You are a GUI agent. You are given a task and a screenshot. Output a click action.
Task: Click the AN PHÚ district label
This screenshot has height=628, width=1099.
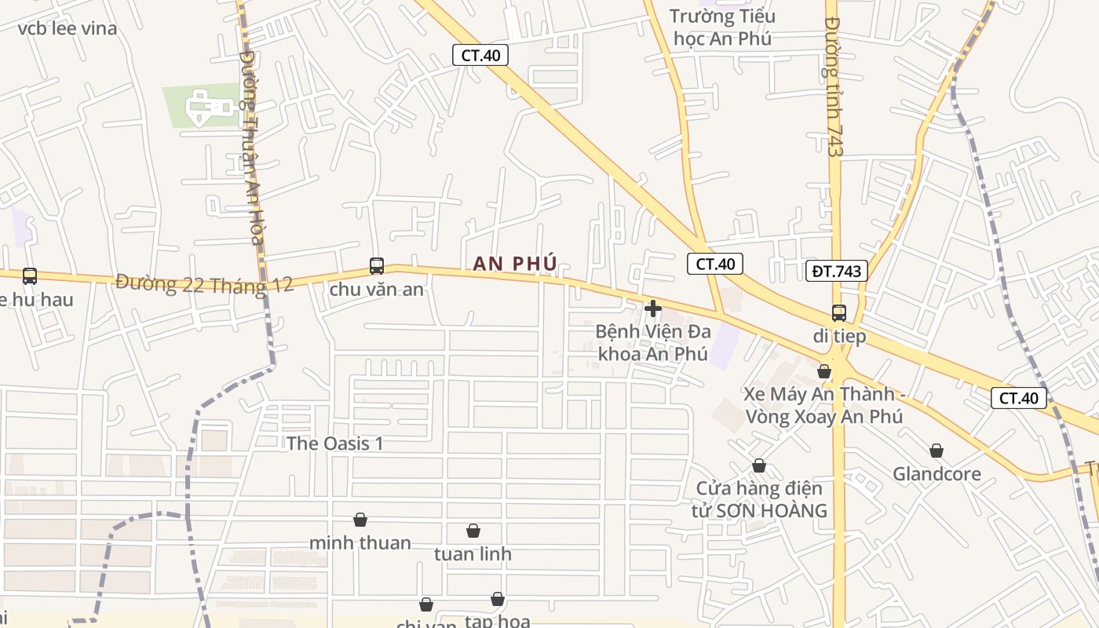(x=515, y=264)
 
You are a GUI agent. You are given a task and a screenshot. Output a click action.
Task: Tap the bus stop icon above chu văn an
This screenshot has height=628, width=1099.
(x=377, y=266)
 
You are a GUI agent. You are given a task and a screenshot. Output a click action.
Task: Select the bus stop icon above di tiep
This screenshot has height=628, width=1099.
(x=839, y=313)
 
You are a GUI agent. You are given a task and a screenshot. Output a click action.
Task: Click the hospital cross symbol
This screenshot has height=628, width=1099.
(x=652, y=309)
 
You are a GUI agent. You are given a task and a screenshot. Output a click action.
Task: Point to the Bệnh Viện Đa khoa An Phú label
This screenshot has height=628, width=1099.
(x=653, y=342)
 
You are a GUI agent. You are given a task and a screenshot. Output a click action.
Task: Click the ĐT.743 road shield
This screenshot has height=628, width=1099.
(x=836, y=272)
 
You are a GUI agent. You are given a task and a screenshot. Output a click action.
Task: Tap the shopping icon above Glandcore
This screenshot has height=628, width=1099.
(x=937, y=451)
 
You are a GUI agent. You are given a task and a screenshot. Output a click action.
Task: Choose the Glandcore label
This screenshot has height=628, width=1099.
(x=937, y=474)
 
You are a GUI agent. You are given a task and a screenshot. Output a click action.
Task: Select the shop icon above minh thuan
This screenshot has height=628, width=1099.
(x=360, y=520)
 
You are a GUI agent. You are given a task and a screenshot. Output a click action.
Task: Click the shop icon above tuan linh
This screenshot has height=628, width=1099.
(x=473, y=531)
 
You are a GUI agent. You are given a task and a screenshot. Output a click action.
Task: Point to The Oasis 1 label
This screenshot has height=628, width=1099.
(x=335, y=444)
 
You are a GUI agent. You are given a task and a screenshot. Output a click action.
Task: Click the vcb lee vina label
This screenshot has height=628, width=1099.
(x=68, y=29)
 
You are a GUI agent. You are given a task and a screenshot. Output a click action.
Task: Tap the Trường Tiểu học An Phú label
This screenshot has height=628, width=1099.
(x=722, y=27)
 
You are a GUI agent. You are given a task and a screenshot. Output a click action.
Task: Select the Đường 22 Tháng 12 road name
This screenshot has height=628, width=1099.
(x=204, y=283)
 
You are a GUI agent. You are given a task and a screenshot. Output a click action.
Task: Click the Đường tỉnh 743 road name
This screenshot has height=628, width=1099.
(x=834, y=86)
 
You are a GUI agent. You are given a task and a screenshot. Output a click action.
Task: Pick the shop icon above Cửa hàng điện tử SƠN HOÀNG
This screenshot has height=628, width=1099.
(x=759, y=466)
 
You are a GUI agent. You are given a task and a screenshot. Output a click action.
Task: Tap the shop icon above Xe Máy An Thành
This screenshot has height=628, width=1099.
(x=824, y=371)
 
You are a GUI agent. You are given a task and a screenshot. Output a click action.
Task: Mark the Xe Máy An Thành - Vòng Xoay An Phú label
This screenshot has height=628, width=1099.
(x=823, y=405)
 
